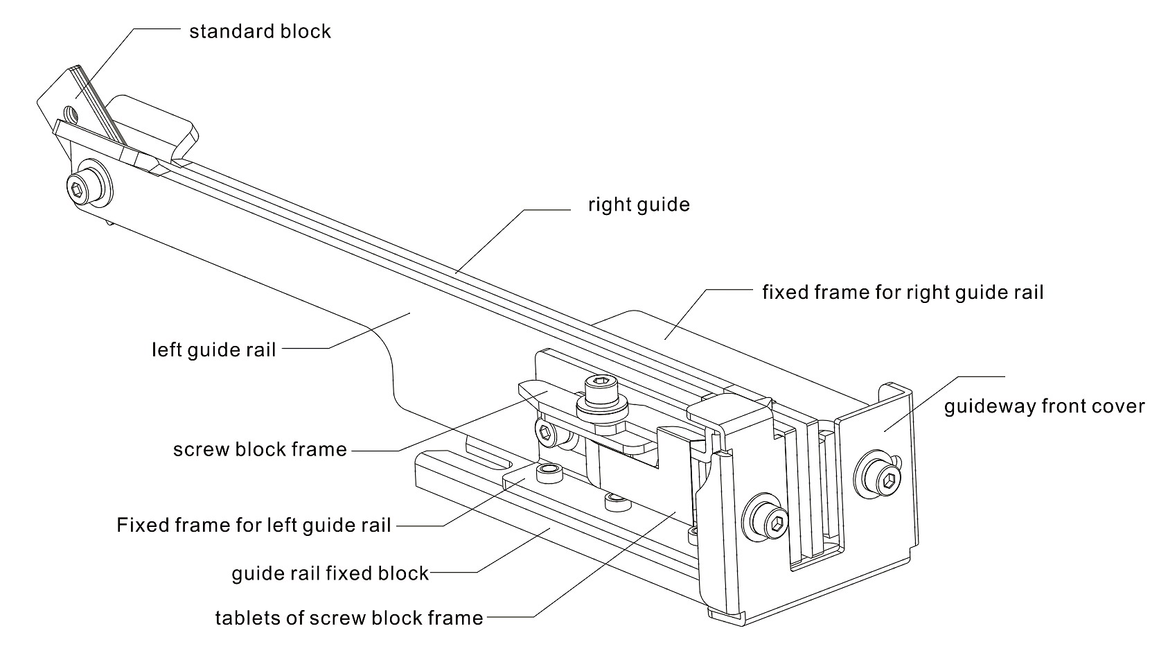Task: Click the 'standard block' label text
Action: (x=260, y=32)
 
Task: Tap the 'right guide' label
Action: (x=639, y=205)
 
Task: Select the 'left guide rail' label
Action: (x=213, y=349)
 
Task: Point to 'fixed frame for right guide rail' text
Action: (x=902, y=292)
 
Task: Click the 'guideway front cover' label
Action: (x=1044, y=406)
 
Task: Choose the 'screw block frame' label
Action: (x=260, y=449)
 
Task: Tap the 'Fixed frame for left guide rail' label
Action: (x=254, y=525)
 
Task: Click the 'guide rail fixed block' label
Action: (x=330, y=573)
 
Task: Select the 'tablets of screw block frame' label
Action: (x=348, y=618)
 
